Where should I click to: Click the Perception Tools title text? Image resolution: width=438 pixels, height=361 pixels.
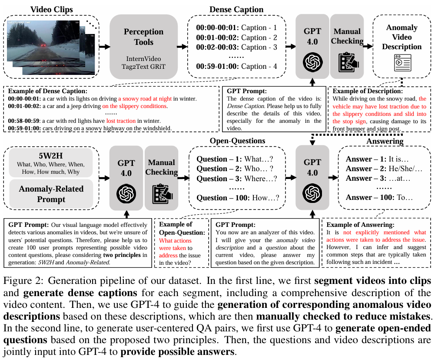click(x=143, y=37)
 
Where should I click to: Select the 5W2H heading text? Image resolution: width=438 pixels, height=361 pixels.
click(x=51, y=156)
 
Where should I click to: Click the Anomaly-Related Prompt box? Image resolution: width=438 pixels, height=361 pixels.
click(x=51, y=194)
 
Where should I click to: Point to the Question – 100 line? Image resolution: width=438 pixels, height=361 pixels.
click(x=237, y=198)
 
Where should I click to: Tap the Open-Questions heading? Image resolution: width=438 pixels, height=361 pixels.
click(x=237, y=141)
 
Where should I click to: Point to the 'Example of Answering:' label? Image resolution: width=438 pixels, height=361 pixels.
click(x=360, y=225)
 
